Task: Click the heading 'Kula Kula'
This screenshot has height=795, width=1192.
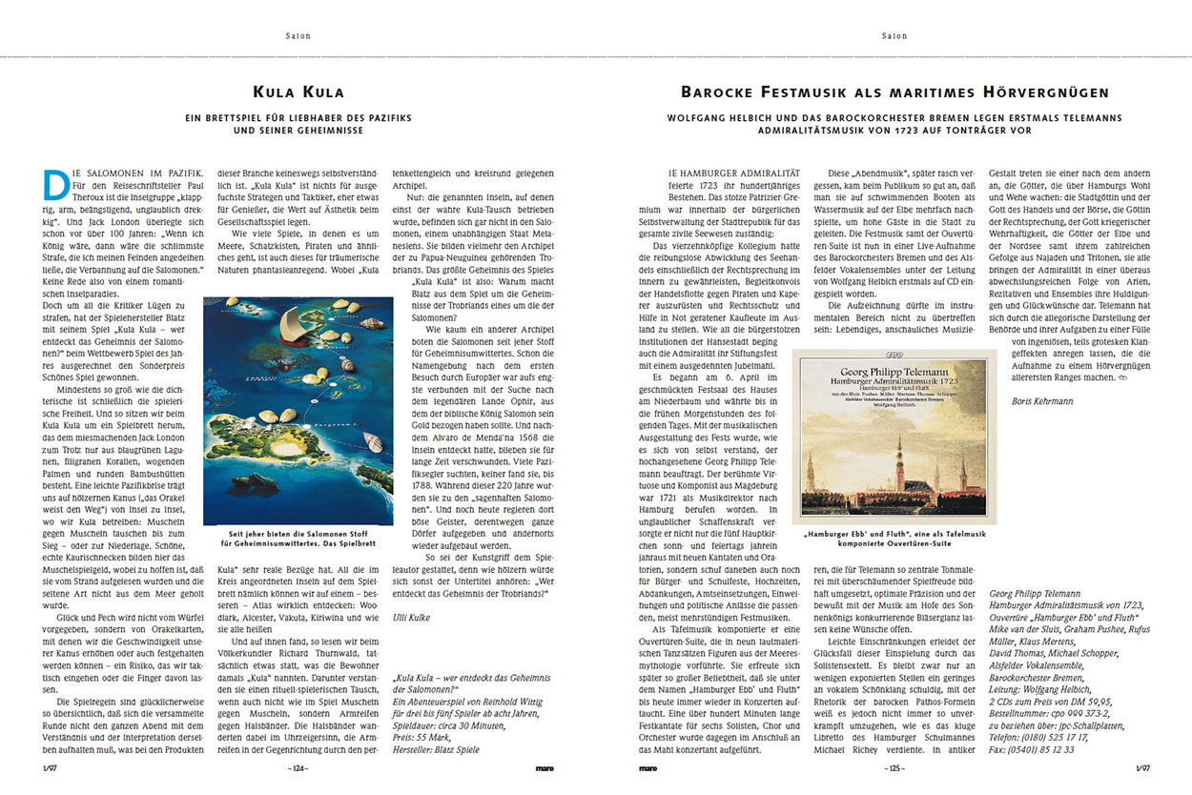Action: [x=298, y=92]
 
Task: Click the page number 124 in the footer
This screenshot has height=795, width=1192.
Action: [x=298, y=766]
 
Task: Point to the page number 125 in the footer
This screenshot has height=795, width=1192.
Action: [x=894, y=766]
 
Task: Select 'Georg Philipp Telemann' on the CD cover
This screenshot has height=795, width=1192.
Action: [x=894, y=372]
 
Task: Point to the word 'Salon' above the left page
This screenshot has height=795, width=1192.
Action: [x=298, y=36]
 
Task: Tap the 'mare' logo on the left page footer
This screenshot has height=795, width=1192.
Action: [x=545, y=766]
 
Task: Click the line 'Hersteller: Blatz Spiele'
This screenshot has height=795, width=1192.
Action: [x=436, y=749]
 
